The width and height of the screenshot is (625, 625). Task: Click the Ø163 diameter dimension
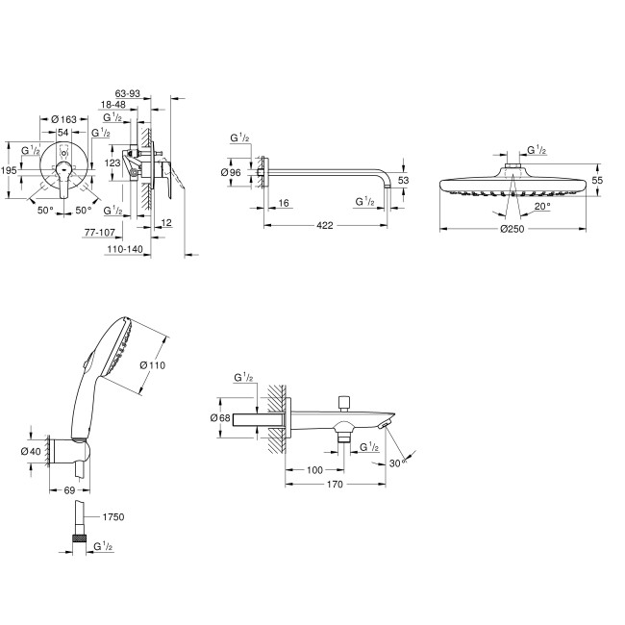click(x=62, y=118)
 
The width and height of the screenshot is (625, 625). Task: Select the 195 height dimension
click(x=9, y=169)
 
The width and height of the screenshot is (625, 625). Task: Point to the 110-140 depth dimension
click(x=126, y=249)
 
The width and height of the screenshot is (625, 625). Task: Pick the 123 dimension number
click(x=113, y=163)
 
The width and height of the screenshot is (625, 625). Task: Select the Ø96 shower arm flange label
click(x=231, y=172)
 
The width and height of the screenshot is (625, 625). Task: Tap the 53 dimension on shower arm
click(x=404, y=180)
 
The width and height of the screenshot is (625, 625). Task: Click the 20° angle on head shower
click(x=541, y=206)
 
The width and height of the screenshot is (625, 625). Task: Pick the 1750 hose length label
click(x=112, y=517)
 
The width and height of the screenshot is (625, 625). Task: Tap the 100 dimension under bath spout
click(x=313, y=469)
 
